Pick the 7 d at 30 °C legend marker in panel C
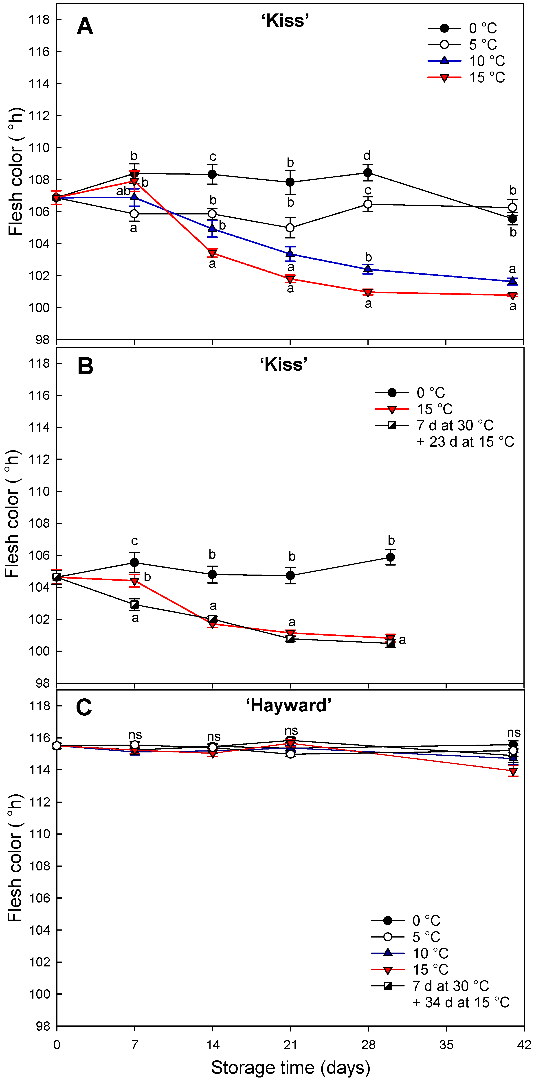pos(388,986)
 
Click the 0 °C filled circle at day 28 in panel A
pos(368,173)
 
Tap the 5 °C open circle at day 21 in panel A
pos(290,228)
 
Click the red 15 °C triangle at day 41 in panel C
pos(513,772)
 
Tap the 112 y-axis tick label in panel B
pos(39,459)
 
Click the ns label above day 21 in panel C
pos(291,731)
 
